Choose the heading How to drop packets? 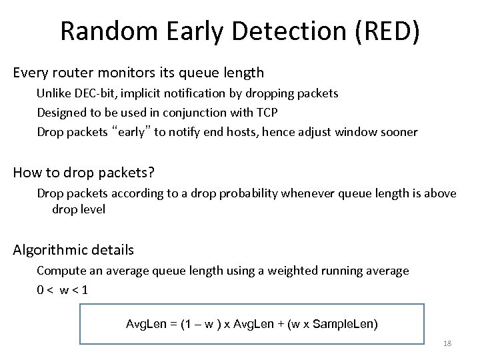coord(84,173)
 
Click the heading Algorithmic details coord(73,251)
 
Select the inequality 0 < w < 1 coord(63,290)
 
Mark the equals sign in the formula coord(173,324)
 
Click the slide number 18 coord(447,342)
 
